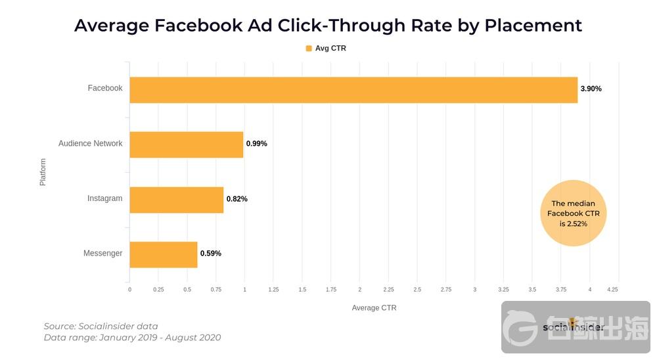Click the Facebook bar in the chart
[x=353, y=89]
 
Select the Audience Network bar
[x=186, y=145]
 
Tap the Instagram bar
[x=176, y=200]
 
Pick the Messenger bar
[x=163, y=254]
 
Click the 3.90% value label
[x=591, y=89]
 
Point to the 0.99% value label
[x=256, y=144]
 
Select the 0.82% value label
[x=237, y=199]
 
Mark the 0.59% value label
[x=210, y=254]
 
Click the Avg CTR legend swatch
[x=309, y=48]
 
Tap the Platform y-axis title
[x=43, y=171]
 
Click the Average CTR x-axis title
[x=374, y=308]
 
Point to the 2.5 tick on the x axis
[x=417, y=289]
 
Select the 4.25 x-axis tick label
[x=612, y=289]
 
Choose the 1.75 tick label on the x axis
[x=331, y=289]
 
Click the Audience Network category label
[x=90, y=144]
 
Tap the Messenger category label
[x=102, y=254]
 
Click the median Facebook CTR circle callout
[x=573, y=214]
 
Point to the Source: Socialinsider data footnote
[x=101, y=326]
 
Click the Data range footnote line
[x=132, y=338]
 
